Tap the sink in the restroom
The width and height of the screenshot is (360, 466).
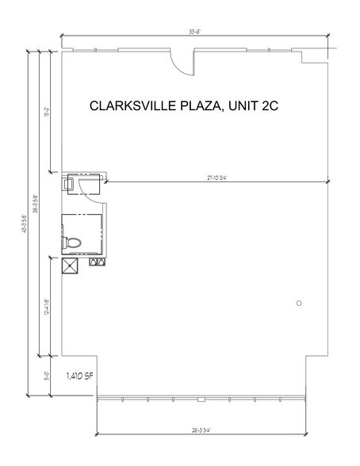[70, 182]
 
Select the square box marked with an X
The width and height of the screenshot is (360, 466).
[70, 265]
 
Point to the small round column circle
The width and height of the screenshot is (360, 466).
[298, 303]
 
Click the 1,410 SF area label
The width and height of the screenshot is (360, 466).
[82, 373]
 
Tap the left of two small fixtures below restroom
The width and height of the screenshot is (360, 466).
[94, 260]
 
